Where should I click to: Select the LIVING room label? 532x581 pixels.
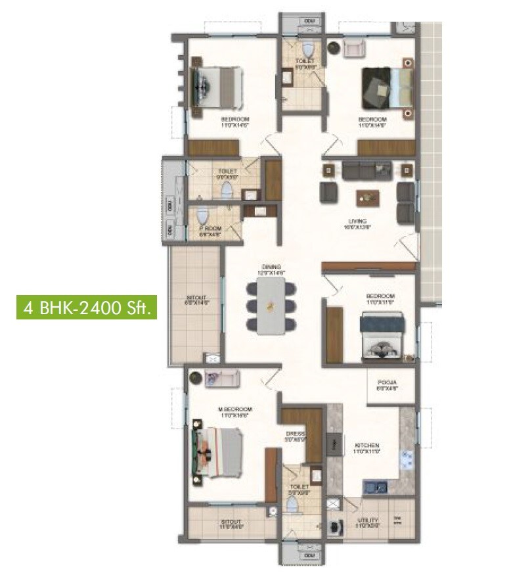point(358,221)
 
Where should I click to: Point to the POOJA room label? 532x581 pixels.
point(386,384)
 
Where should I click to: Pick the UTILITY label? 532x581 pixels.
point(368,521)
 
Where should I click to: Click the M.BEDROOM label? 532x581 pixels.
point(234,409)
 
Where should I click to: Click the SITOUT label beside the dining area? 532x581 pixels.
point(196,299)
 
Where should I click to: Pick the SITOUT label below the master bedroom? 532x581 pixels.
point(231,523)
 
